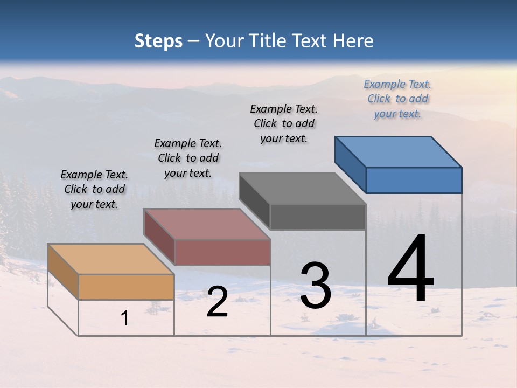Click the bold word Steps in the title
(158, 41)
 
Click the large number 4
(410, 269)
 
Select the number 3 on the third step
(316, 286)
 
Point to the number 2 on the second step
(217, 302)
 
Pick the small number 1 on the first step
(125, 318)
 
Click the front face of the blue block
(414, 180)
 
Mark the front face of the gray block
(318, 217)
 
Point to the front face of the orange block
(126, 287)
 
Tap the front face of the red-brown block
(222, 252)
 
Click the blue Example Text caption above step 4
(397, 99)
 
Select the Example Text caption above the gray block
(284, 123)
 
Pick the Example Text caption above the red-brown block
(188, 158)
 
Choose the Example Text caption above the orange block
(94, 189)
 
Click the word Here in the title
(353, 41)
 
